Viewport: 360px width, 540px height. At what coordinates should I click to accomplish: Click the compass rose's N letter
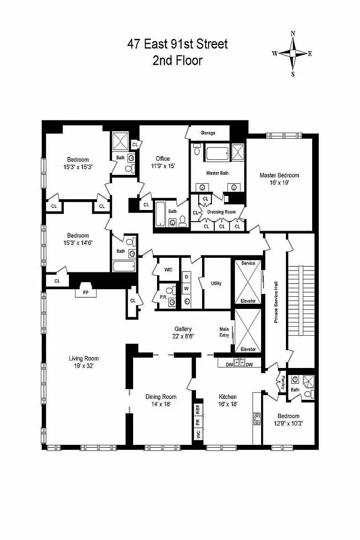tap(293, 33)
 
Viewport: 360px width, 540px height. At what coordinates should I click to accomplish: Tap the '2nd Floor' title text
tap(177, 60)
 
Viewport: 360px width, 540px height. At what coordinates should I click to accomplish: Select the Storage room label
tap(208, 133)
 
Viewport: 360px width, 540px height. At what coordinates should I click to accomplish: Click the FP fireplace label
tap(86, 292)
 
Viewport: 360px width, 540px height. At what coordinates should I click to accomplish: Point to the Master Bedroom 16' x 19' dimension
tap(279, 183)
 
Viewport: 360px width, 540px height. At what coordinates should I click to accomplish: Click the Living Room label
tap(84, 359)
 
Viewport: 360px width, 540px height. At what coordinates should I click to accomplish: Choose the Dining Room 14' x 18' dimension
tap(161, 404)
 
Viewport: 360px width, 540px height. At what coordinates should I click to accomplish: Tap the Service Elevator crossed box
tap(248, 282)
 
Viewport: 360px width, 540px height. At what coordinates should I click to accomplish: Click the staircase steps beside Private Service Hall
tap(301, 300)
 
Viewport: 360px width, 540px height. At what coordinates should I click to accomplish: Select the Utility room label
tap(217, 284)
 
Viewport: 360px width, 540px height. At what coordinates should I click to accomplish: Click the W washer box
tap(187, 289)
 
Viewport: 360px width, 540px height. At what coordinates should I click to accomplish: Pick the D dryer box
tap(187, 277)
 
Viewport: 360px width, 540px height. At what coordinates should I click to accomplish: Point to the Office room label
tap(163, 159)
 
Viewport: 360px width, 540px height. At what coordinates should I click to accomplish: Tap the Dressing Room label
tap(222, 212)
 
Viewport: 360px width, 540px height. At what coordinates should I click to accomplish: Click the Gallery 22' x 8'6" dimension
tap(183, 337)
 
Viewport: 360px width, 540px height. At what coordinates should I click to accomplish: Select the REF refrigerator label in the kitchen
tap(198, 410)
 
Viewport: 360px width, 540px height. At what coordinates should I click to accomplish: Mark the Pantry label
tap(283, 382)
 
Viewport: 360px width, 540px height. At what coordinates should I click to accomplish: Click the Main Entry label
tap(224, 332)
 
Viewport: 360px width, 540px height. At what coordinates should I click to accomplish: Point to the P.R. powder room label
tap(163, 297)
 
